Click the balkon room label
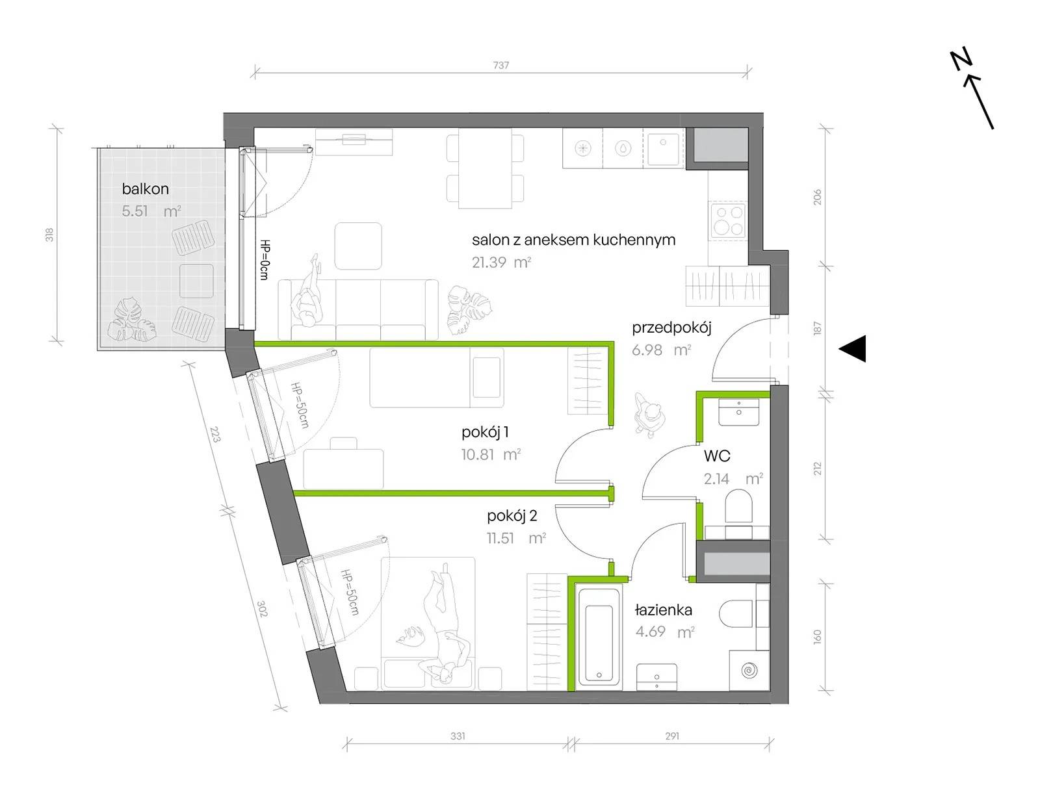145,189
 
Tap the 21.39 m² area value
501,262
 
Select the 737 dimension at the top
500,64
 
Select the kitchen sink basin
663,149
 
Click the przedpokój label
671,328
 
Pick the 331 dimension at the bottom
458,736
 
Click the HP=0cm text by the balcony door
265,259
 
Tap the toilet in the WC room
739,506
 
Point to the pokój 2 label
512,516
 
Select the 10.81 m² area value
491,454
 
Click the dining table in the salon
486,168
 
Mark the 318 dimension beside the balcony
49,235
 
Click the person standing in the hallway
649,415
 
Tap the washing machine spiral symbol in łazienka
749,670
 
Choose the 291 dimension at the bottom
672,736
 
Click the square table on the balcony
196,281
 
